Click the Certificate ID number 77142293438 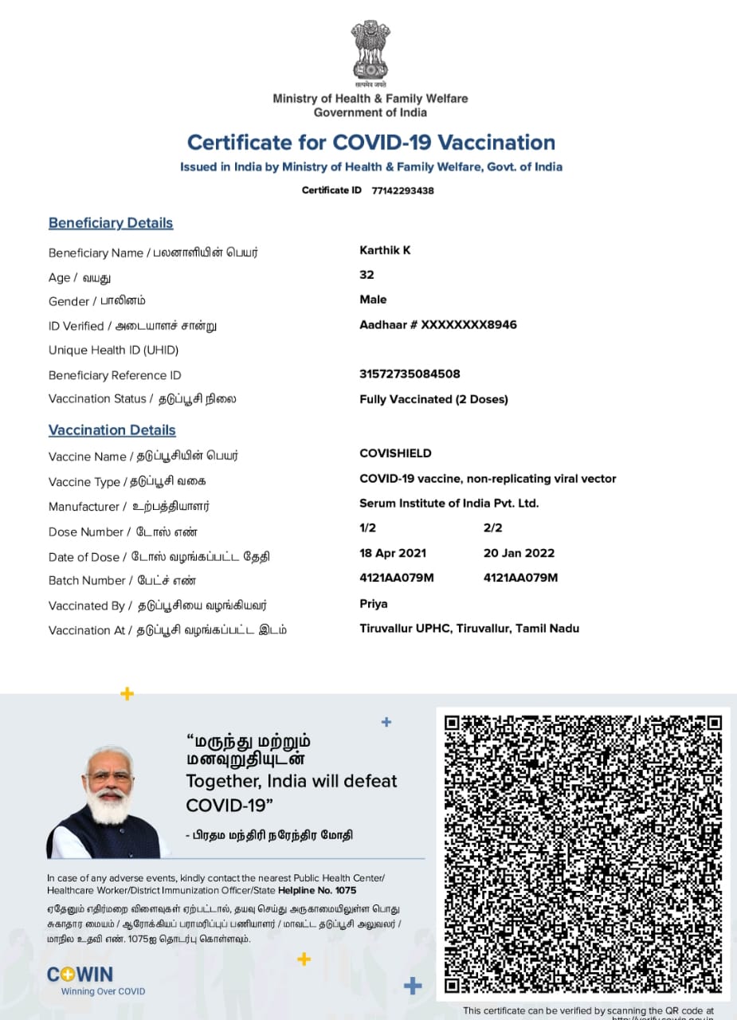coord(402,190)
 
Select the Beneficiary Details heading coord(111,223)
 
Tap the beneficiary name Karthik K coord(385,250)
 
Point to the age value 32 coord(367,275)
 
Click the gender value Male coord(373,300)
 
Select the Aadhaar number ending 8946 coord(438,324)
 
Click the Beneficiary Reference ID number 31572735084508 coord(410,374)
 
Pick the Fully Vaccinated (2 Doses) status coord(433,399)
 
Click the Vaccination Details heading coord(112,430)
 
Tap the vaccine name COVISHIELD coord(395,453)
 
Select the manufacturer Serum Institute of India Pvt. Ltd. coord(449,503)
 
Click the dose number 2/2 coord(492,528)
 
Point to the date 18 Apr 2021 coord(393,553)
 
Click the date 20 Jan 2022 coord(519,553)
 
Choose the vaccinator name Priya coord(374,604)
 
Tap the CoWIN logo coord(80,975)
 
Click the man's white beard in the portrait coord(109,806)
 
